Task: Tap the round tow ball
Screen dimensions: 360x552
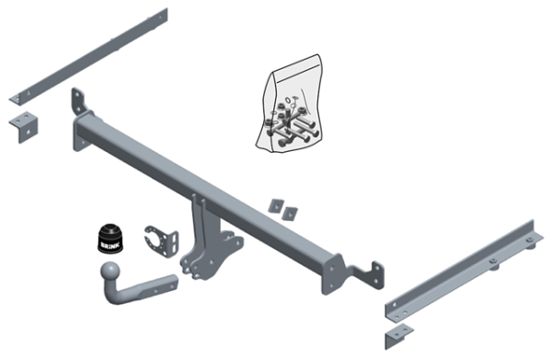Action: pos(110,273)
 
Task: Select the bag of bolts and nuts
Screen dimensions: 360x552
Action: pos(289,107)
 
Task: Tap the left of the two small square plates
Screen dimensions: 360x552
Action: pos(276,203)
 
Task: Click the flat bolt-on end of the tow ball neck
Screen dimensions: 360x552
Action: pos(160,282)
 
